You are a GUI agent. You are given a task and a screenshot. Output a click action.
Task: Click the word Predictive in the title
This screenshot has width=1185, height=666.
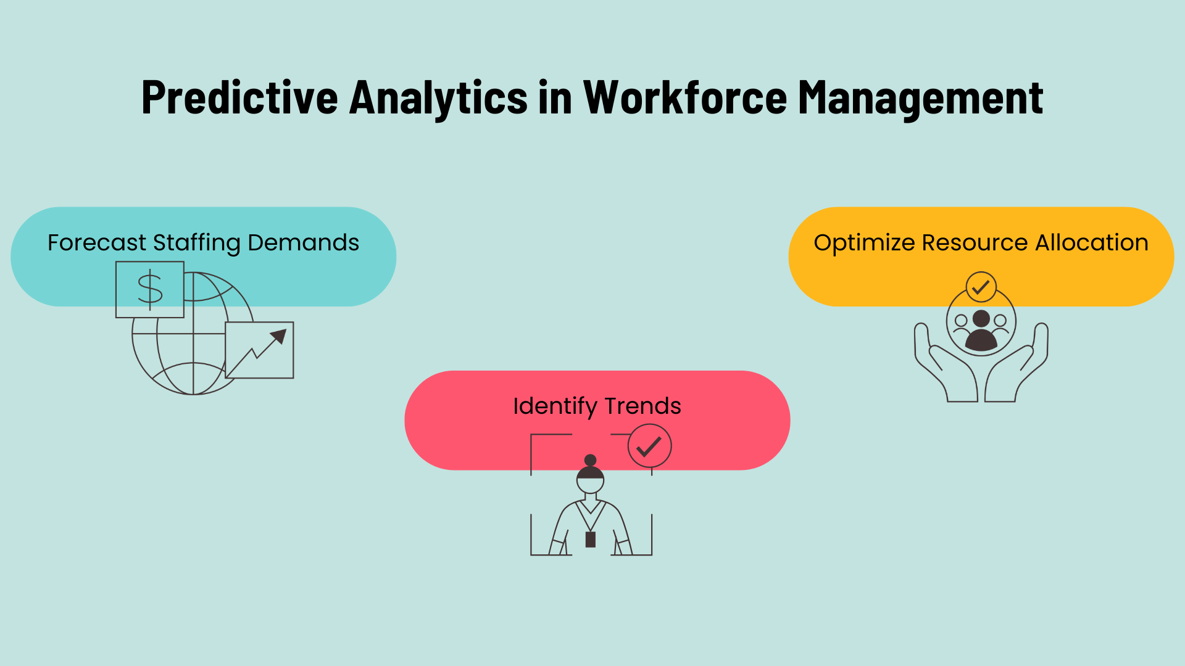pos(240,97)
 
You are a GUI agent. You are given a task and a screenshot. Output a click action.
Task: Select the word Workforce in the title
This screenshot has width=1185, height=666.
pos(685,97)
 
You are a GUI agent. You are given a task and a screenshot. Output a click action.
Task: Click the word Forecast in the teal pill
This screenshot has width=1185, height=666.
pos(97,242)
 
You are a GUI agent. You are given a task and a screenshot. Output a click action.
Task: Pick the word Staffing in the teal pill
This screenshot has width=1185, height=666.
pos(197,243)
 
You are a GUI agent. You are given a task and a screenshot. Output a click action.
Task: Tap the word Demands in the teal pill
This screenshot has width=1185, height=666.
pos(303,242)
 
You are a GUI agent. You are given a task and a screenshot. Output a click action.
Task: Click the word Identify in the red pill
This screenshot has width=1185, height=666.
pos(555,406)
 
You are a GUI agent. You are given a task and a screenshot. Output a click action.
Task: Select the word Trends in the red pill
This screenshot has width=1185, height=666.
pos(642,406)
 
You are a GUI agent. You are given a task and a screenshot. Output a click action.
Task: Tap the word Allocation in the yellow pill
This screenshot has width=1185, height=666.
pos(1092,242)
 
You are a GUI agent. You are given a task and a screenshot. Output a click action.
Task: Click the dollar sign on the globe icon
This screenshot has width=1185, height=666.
pos(150,289)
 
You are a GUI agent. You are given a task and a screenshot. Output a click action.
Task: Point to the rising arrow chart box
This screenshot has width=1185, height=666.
pos(259,350)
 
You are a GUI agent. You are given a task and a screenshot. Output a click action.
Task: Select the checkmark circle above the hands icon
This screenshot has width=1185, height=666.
pos(981,287)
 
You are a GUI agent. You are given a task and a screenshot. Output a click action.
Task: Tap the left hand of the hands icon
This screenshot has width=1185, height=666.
pos(945,364)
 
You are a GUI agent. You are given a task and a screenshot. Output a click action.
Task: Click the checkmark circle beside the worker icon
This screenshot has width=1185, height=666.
pos(649,446)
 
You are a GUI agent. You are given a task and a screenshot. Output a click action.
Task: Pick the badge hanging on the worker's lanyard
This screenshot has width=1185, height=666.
pos(591,540)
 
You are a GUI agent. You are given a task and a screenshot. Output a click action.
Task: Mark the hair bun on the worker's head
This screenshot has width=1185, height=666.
pos(591,460)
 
